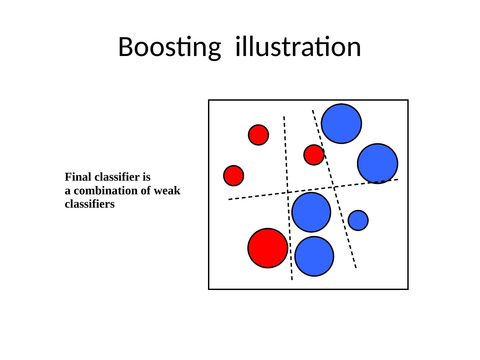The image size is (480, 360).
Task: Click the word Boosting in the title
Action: pyautogui.click(x=169, y=47)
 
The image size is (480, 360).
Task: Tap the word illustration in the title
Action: pyautogui.click(x=298, y=47)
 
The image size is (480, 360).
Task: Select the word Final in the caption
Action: pyautogui.click(x=75, y=177)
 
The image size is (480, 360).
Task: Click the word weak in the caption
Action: pyautogui.click(x=168, y=191)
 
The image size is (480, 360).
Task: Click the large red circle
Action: pyautogui.click(x=268, y=248)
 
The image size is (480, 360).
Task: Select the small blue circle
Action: pyautogui.click(x=358, y=220)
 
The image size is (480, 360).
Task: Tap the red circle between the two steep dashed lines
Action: pyautogui.click(x=314, y=155)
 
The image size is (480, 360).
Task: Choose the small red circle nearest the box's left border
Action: pyautogui.click(x=233, y=175)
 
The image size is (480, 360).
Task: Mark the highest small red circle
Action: pyautogui.click(x=258, y=135)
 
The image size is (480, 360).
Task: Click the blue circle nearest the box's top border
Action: pyautogui.click(x=341, y=124)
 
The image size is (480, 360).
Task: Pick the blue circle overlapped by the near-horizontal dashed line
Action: pyautogui.click(x=377, y=163)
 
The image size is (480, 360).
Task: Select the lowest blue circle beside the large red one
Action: pyautogui.click(x=314, y=256)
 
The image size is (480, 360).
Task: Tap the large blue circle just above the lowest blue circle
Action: pyautogui.click(x=311, y=212)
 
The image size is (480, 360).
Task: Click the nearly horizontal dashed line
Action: pyautogui.click(x=253, y=196)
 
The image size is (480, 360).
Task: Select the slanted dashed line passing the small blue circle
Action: pyautogui.click(x=347, y=233)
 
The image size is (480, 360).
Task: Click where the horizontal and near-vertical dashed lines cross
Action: pyautogui.click(x=287, y=192)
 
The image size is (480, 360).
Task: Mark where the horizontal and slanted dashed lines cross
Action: pyautogui.click(x=334, y=187)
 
